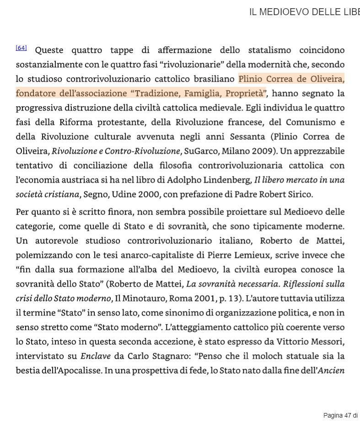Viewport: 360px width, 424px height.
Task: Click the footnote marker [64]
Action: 21,48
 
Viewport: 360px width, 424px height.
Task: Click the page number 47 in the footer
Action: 348,415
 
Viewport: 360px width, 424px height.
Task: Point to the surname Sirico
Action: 298,194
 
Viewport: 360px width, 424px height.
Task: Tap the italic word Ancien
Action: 331,370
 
